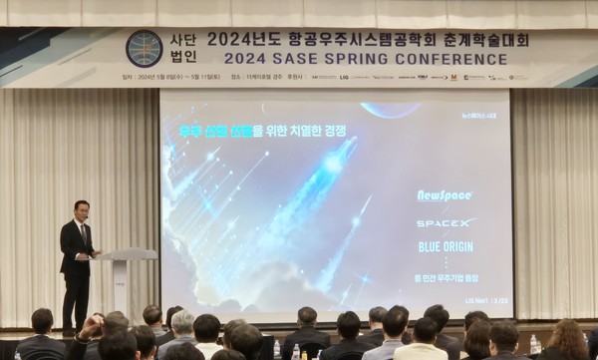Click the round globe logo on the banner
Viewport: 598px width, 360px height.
pos(144,48)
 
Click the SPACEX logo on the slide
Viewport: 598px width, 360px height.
pos(446,222)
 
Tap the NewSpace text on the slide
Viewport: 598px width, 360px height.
pos(445,195)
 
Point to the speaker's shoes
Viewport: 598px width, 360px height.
pos(75,331)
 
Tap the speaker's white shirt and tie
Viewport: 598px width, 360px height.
pos(83,233)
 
